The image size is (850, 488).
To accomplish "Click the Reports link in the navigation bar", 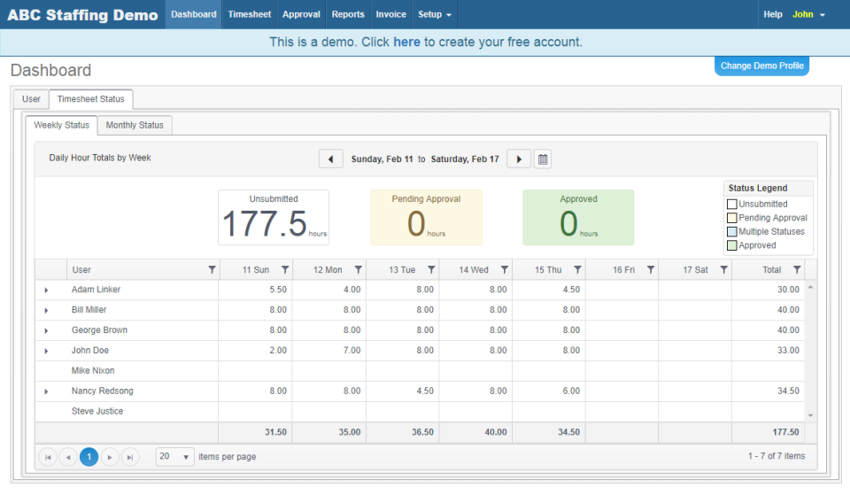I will [348, 14].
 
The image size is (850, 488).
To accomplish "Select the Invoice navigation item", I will [390, 14].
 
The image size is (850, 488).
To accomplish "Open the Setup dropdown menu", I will [434, 14].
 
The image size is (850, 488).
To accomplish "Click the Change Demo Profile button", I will [761, 66].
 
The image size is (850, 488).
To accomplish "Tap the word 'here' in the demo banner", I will [406, 42].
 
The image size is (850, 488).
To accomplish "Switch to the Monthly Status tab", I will [135, 125].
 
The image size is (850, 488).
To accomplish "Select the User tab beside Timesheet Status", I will [31, 99].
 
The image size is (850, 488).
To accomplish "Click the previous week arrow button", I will [330, 159].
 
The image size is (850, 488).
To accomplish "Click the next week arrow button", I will [519, 159].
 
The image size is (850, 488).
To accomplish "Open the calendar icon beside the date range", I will [543, 159].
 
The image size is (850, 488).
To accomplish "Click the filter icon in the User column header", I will [211, 270].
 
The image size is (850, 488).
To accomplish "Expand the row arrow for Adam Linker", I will [46, 290].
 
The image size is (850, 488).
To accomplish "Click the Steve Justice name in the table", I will [97, 411].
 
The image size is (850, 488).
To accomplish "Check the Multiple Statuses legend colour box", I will [731, 232].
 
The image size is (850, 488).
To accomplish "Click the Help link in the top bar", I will [773, 14].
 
